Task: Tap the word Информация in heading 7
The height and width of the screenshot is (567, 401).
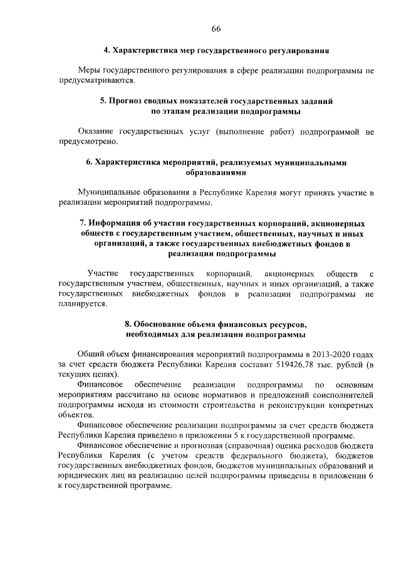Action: pyautogui.click(x=123, y=223)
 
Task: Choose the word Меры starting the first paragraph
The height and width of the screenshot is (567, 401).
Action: pyautogui.click(x=90, y=71)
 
